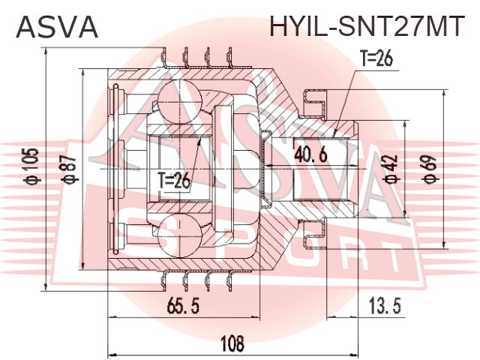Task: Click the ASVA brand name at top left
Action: click(x=57, y=27)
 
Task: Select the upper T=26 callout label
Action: click(x=376, y=58)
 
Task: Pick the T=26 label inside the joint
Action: click(x=174, y=181)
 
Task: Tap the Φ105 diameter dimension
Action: click(x=31, y=166)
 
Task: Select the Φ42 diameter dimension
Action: click(x=391, y=169)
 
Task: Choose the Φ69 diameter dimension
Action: click(x=430, y=169)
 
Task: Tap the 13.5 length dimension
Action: click(x=385, y=305)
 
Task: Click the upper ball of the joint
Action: click(x=180, y=100)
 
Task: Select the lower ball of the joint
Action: click(x=180, y=236)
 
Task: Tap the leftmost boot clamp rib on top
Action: click(x=164, y=58)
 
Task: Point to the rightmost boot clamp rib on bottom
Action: click(x=229, y=280)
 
